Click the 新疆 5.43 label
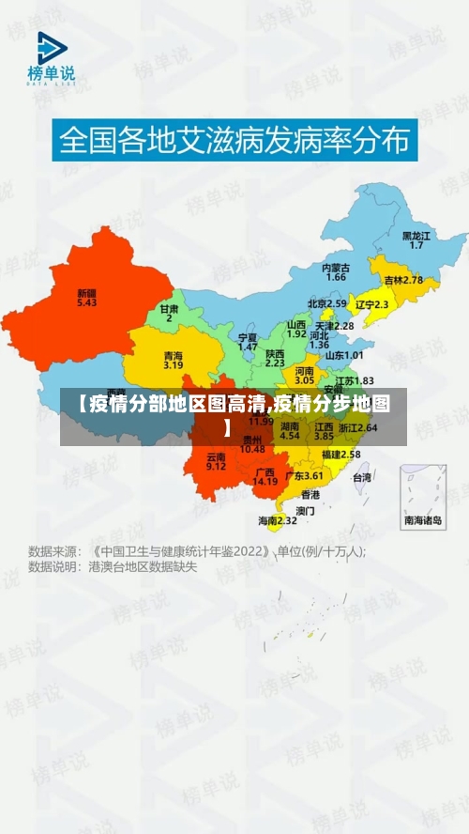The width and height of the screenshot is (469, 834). (x=86, y=297)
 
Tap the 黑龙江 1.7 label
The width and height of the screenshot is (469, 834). (x=416, y=239)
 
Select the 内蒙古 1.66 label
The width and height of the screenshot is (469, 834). (x=336, y=272)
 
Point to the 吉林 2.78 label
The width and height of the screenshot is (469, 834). (x=403, y=280)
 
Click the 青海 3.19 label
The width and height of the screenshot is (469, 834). (x=173, y=360)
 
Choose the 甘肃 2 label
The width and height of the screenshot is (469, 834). (x=169, y=313)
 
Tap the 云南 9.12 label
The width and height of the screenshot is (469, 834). (x=216, y=460)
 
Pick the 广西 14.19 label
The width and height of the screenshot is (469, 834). (x=265, y=476)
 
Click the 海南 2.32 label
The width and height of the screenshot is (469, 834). (x=278, y=520)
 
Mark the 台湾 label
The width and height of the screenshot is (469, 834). (x=361, y=477)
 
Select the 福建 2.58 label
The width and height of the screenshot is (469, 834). (x=340, y=454)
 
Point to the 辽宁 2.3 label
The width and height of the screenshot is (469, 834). (x=371, y=304)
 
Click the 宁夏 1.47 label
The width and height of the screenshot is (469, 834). (x=248, y=341)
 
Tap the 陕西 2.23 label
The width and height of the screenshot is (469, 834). (x=275, y=357)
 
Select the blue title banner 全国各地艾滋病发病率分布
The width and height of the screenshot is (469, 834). (x=234, y=141)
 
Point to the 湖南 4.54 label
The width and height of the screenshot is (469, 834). (x=290, y=431)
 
